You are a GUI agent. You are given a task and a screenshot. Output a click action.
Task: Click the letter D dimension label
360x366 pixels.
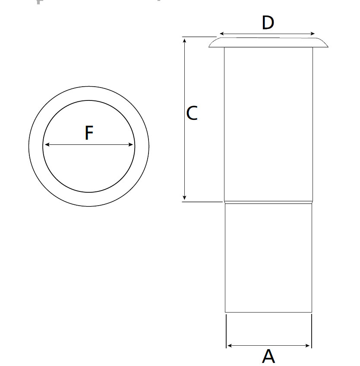[x=268, y=23]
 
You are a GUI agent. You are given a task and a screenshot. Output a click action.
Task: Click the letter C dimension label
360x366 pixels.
[x=192, y=113]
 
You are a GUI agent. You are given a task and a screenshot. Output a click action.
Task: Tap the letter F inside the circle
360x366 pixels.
[x=89, y=133]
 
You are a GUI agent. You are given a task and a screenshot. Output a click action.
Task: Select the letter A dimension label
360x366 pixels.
[x=268, y=356]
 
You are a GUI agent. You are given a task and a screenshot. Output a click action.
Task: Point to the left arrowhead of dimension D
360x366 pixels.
[x=222, y=34]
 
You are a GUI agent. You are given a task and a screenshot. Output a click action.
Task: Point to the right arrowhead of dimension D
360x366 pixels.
[x=313, y=34]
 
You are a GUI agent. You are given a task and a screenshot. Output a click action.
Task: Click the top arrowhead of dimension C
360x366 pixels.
[x=185, y=41]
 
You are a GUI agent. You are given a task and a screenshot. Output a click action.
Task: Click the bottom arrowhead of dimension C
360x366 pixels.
[x=184, y=198]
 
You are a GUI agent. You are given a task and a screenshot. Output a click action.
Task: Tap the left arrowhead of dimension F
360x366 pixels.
[x=47, y=145]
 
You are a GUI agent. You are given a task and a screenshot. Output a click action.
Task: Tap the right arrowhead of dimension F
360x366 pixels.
[x=131, y=145]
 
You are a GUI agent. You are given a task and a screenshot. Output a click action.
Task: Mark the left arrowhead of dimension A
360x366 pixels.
[x=229, y=345]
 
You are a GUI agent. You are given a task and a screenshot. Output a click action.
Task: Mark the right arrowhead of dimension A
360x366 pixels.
[x=307, y=345]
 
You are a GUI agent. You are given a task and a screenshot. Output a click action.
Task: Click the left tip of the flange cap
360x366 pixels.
[x=209, y=47]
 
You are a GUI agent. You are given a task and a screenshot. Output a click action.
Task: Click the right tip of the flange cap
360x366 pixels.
[x=328, y=47]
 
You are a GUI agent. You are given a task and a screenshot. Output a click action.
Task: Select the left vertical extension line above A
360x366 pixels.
[x=226, y=331]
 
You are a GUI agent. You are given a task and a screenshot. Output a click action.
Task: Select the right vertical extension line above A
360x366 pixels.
[x=312, y=331]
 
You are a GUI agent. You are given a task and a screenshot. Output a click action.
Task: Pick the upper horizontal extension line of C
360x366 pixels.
[x=199, y=37]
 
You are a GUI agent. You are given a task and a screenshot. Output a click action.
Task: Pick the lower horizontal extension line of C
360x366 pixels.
[x=202, y=202]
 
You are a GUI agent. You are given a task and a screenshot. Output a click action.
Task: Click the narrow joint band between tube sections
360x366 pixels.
[x=268, y=202]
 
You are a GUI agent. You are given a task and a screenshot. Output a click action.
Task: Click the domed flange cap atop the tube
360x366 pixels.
[x=268, y=43]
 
